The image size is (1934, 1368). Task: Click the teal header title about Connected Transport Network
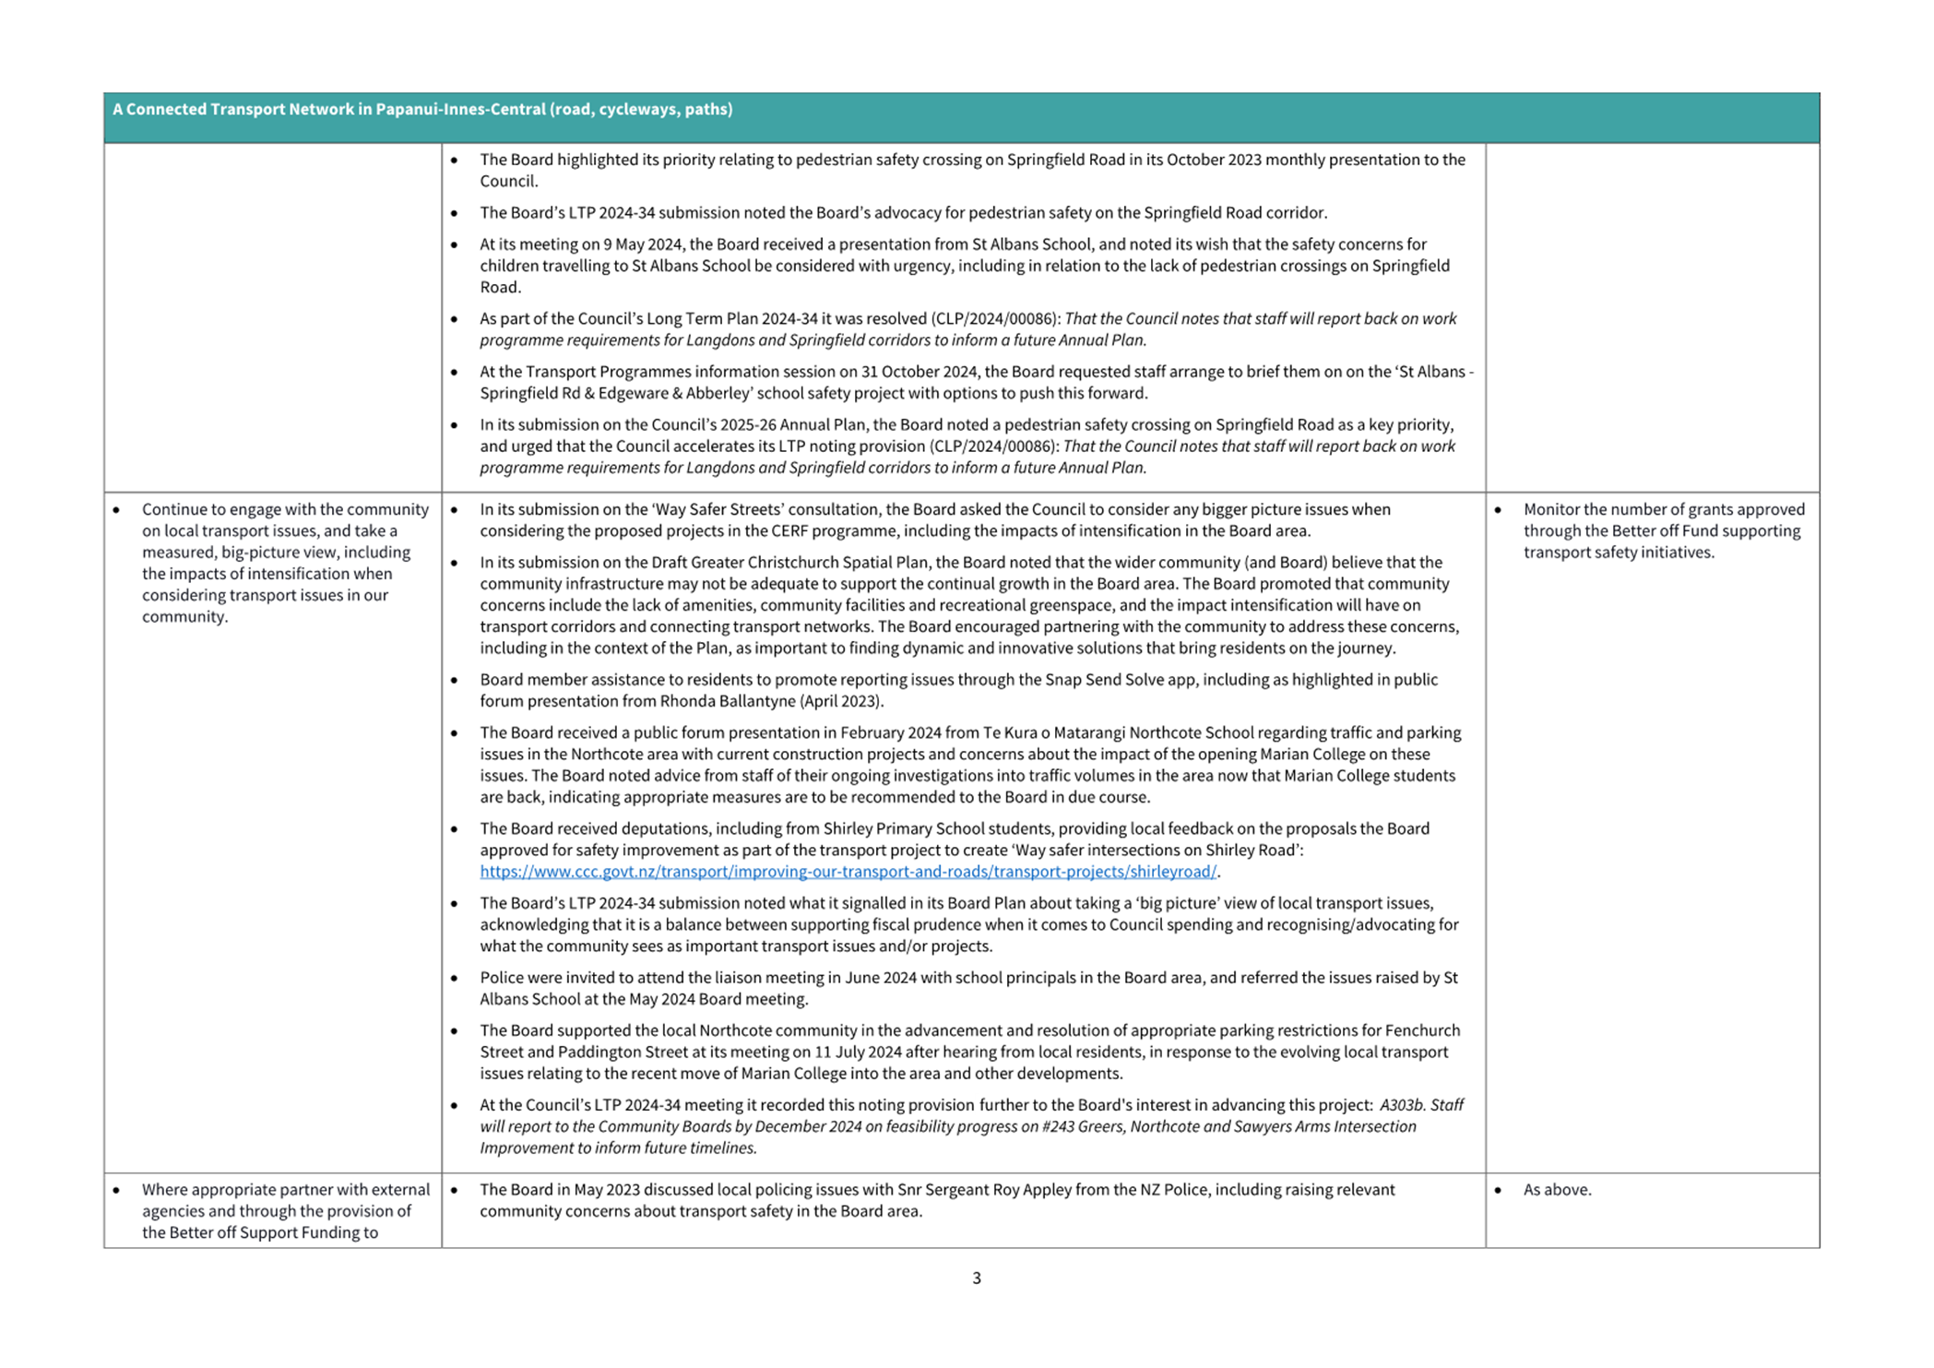click(422, 109)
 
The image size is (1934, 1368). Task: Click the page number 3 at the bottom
click(976, 1278)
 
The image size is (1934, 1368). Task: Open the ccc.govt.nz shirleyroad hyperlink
click(848, 871)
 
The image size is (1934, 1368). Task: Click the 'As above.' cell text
click(1557, 1189)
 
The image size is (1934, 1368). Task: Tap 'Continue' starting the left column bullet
click(171, 509)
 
